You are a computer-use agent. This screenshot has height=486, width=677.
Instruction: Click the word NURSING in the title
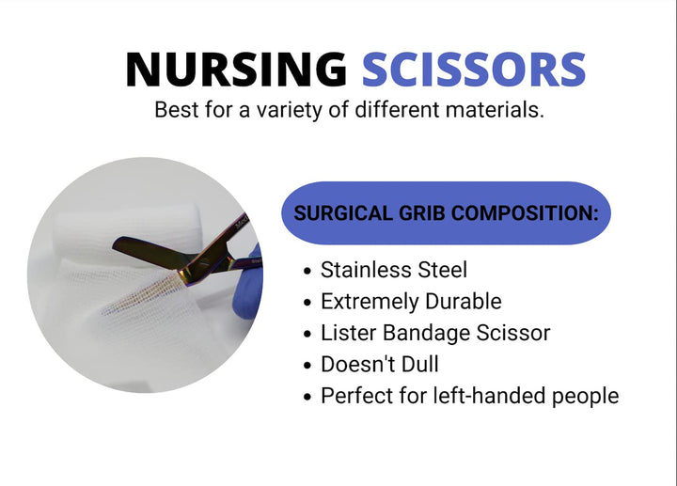pyautogui.click(x=235, y=71)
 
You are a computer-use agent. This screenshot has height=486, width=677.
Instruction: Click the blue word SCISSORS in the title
pyautogui.click(x=474, y=71)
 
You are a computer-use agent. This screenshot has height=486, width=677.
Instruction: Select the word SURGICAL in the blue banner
pyautogui.click(x=340, y=213)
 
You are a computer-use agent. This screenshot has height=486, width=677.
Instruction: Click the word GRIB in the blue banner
pyautogui.click(x=417, y=213)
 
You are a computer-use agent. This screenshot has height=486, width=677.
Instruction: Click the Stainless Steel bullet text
pyautogui.click(x=393, y=270)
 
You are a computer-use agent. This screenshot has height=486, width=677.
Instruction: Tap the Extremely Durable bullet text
pyautogui.click(x=411, y=302)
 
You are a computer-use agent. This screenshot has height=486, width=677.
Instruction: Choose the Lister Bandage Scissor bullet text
pyautogui.click(x=435, y=333)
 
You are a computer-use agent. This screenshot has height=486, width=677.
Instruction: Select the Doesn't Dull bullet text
pyautogui.click(x=379, y=364)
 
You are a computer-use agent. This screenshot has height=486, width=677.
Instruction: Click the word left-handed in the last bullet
pyautogui.click(x=480, y=396)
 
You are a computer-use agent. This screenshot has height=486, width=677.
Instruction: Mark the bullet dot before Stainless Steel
pyautogui.click(x=307, y=272)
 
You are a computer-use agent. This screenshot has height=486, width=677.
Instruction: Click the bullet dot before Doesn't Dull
pyautogui.click(x=307, y=366)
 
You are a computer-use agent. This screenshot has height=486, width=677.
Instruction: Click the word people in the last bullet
pyautogui.click(x=584, y=396)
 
